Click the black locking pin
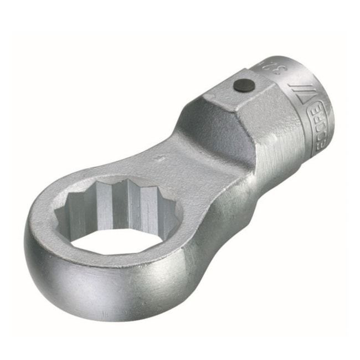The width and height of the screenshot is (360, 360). (244, 85)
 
